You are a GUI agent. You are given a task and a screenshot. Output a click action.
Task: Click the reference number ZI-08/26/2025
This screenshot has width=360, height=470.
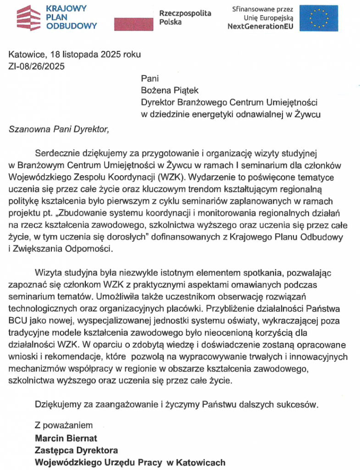(36, 66)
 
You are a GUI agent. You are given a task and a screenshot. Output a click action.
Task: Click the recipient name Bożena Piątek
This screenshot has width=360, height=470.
(169, 90)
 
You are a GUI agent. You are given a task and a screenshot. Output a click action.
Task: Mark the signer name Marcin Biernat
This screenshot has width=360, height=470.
(66, 438)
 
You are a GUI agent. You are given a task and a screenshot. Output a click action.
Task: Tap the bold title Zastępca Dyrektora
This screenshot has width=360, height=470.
(77, 450)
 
